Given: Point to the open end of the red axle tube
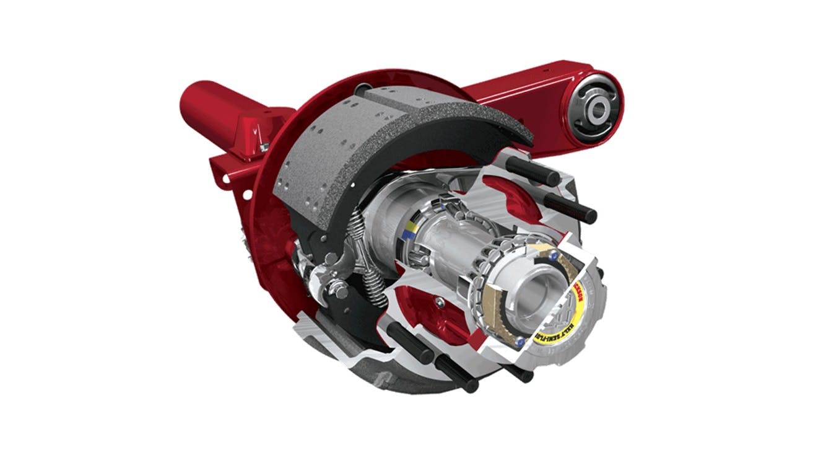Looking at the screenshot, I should click(x=193, y=99).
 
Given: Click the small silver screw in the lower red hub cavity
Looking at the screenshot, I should click(x=439, y=303).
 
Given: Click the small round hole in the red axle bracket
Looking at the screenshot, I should click(x=247, y=194).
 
